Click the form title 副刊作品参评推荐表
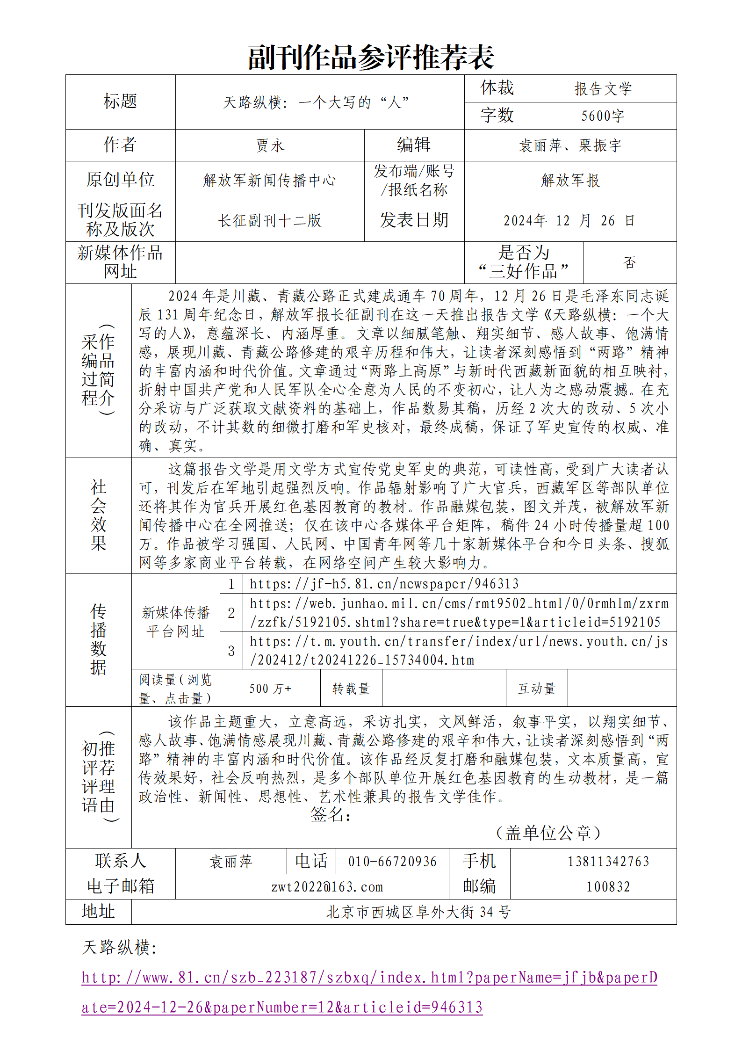[x=371, y=58]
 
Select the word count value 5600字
[x=603, y=116]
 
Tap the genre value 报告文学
[x=603, y=88]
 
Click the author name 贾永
[x=270, y=145]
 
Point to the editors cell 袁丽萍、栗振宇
[x=570, y=145]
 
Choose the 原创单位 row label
[x=120, y=180]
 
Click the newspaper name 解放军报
[x=570, y=180]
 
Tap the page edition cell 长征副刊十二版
[x=270, y=220]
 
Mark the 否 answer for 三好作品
[x=629, y=262]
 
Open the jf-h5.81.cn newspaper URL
[x=384, y=583]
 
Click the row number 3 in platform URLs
[x=231, y=651]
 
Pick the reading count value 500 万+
[x=270, y=688]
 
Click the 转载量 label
[x=351, y=688]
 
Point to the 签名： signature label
[x=330, y=814]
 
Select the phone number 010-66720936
[x=392, y=861]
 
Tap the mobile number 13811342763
[x=608, y=861]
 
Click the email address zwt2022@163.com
[x=327, y=886]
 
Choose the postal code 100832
[x=608, y=886]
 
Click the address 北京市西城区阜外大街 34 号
[x=418, y=912]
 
